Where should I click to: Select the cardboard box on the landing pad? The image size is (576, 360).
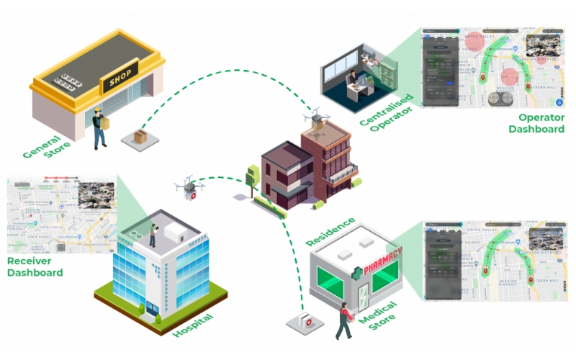coord(139,136)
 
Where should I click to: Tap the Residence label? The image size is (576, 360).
coord(330,230)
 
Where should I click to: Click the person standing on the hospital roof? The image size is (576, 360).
coord(153,233)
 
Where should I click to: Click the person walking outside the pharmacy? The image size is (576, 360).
coord(343,320)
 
